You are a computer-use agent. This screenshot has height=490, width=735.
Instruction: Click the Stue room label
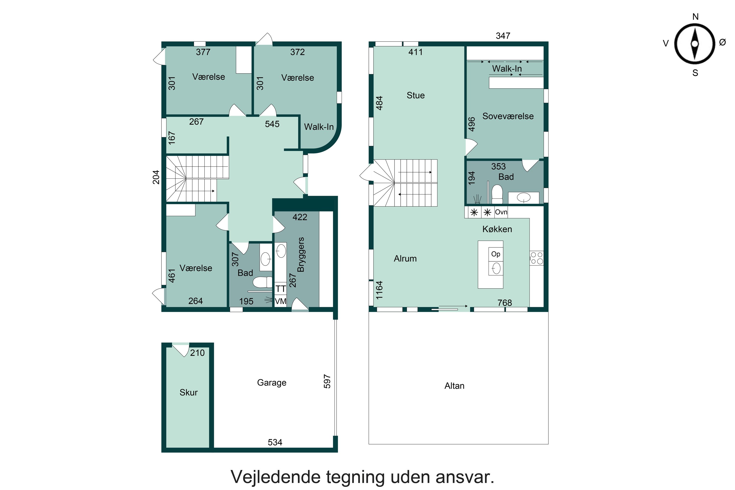pyautogui.click(x=416, y=95)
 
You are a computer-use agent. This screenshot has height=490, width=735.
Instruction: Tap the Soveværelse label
pyautogui.click(x=508, y=116)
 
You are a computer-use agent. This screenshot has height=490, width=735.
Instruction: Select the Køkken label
pyautogui.click(x=497, y=229)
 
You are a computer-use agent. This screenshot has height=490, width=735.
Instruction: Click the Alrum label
pyautogui.click(x=405, y=259)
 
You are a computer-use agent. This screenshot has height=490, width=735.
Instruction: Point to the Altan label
pyautogui.click(x=454, y=386)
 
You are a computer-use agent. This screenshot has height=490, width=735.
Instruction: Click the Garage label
pyautogui.click(x=271, y=382)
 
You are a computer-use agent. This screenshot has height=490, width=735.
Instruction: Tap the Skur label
pyautogui.click(x=188, y=392)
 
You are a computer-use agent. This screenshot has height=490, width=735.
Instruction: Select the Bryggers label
pyautogui.click(x=301, y=255)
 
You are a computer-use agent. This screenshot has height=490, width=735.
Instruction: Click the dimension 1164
pyautogui.click(x=379, y=290)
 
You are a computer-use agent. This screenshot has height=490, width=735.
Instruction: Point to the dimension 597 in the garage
pyautogui.click(x=327, y=381)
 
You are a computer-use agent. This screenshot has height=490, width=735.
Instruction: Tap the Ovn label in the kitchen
pyautogui.click(x=501, y=212)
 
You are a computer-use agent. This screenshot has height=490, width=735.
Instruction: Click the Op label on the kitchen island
pyautogui.click(x=496, y=254)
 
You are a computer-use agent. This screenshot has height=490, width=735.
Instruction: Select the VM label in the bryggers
pyautogui.click(x=281, y=301)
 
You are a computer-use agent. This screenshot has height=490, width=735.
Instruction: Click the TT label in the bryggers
pyautogui.click(x=281, y=289)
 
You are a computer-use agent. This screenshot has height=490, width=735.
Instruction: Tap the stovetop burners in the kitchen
pyautogui.click(x=537, y=258)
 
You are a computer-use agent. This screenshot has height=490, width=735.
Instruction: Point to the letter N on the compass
pyautogui.click(x=695, y=17)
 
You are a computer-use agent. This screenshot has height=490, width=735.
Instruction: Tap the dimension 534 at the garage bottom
pyautogui.click(x=275, y=442)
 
